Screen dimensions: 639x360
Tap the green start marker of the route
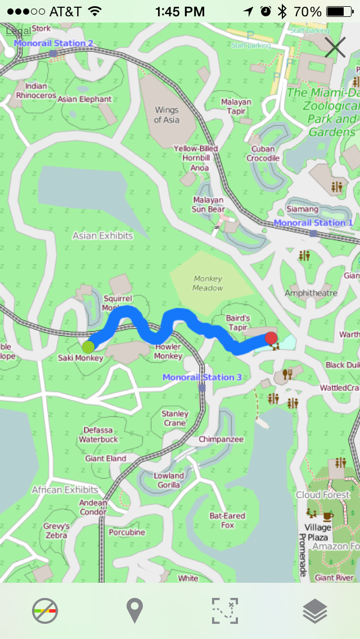point(88,346)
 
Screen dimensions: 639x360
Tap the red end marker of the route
point(271,338)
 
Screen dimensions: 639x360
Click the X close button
point(335,48)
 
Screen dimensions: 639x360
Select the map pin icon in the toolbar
point(134,611)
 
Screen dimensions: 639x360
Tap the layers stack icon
point(315,611)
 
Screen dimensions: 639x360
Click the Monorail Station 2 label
point(53,43)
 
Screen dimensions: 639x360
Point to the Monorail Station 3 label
point(202,377)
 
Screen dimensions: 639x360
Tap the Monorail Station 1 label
point(313,223)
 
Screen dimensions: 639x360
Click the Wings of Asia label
point(166,115)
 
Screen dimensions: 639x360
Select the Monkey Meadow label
point(208,283)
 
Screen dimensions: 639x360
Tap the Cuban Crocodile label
point(263,154)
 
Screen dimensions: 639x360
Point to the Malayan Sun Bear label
point(208,205)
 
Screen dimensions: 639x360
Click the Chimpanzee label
point(221,439)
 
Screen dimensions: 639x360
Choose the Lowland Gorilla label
point(169,480)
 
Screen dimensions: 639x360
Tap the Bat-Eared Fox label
point(227,520)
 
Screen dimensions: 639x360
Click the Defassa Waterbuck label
point(98,435)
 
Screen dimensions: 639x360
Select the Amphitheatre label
point(311,293)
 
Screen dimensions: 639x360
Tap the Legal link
point(18,31)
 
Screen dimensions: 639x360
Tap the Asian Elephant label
point(84,99)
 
